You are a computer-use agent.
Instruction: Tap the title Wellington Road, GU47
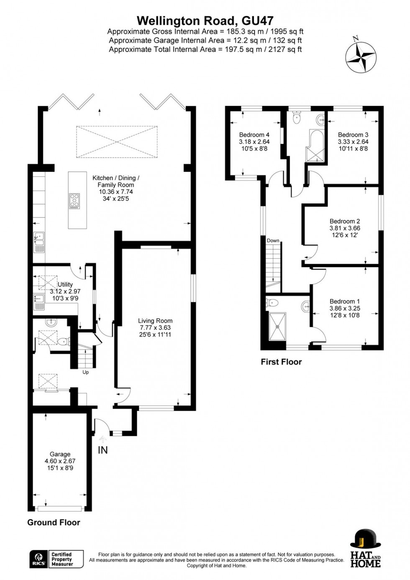tap(205, 20)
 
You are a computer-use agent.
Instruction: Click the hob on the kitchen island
tap(74, 201)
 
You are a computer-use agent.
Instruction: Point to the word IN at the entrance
tap(102, 450)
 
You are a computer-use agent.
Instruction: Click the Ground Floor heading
tap(54, 522)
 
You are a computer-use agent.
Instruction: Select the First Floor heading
tap(281, 362)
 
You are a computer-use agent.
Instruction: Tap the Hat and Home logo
tap(365, 548)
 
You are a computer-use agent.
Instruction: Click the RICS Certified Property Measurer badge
tap(56, 559)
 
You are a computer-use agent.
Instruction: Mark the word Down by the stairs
tap(273, 240)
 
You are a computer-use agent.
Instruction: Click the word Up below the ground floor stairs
tap(85, 372)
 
